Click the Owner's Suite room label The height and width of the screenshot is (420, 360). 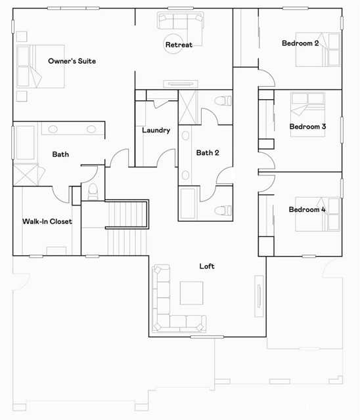point(72,61)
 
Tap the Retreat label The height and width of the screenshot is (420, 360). point(179,45)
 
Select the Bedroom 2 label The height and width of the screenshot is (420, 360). point(300,43)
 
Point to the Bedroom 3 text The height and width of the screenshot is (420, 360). point(308,127)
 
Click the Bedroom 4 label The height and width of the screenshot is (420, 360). point(307,210)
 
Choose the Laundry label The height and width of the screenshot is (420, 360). point(156,130)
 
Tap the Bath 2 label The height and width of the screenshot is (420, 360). point(208,153)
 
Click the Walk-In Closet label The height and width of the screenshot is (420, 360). point(47,222)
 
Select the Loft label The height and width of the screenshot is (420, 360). point(207,266)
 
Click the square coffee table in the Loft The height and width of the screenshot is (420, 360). point(192,293)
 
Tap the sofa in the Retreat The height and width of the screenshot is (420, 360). point(181,21)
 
